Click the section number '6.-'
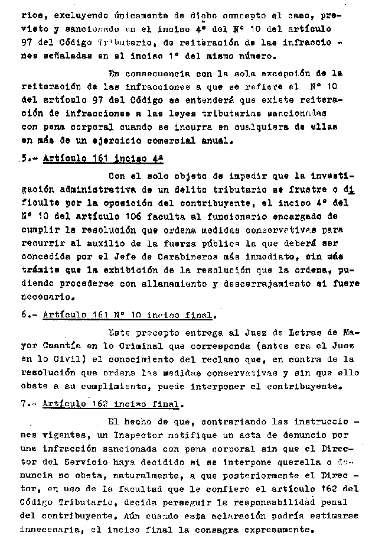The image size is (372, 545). click(30, 314)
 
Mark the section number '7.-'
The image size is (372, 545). click(30, 404)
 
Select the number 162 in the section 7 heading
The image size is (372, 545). click(99, 404)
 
